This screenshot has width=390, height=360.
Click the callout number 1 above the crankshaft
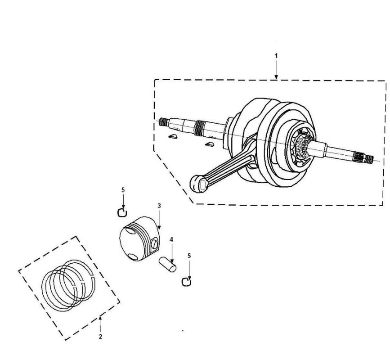[276, 56]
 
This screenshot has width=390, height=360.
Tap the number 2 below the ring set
[100, 336]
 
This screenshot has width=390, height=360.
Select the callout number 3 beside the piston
[159, 205]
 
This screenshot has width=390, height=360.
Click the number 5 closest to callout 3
[122, 190]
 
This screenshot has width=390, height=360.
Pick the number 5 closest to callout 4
[189, 255]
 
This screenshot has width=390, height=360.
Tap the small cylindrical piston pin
[167, 264]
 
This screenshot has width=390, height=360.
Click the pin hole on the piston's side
[155, 243]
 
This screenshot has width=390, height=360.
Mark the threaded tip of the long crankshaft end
[163, 122]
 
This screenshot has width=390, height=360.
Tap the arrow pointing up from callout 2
[100, 323]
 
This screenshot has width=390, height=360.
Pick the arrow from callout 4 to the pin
[171, 252]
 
